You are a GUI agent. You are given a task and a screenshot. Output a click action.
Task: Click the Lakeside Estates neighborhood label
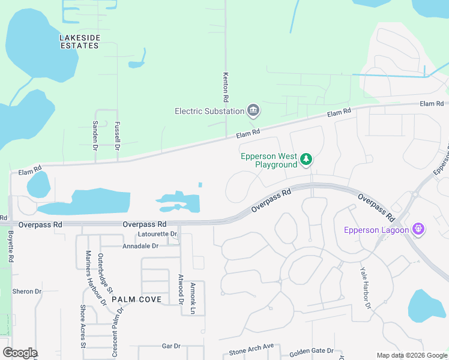coord(79,41)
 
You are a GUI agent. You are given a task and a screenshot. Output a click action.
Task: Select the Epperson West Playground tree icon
coord(307,160)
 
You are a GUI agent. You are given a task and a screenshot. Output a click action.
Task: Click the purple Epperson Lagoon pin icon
coord(418,229)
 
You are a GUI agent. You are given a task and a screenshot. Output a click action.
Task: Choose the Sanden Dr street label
coord(95,134)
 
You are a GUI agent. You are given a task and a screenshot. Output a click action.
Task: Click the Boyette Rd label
coord(10,247)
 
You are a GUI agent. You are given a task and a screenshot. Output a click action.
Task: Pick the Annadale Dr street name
coord(140,246)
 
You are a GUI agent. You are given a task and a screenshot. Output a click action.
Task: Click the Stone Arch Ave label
coord(251,346)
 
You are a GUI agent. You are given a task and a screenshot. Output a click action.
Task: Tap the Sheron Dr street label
coord(27,292)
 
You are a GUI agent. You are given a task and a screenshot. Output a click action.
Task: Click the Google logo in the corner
coord(20,353)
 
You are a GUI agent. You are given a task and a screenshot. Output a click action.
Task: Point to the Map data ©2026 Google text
coord(411,355)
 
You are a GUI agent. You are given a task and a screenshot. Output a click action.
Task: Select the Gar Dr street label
coord(171,346)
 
